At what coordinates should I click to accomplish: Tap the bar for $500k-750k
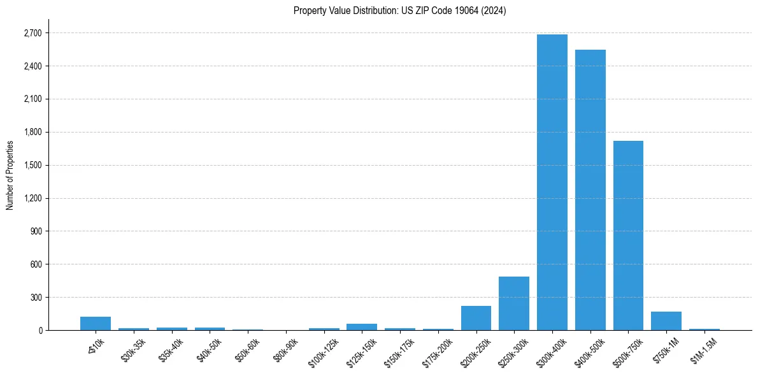pyautogui.click(x=628, y=235)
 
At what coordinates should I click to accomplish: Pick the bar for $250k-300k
pyautogui.click(x=513, y=303)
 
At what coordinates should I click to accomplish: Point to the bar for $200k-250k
pyautogui.click(x=476, y=318)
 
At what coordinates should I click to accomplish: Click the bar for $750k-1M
pyautogui.click(x=666, y=321)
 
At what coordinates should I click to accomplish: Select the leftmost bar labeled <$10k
pyautogui.click(x=96, y=324)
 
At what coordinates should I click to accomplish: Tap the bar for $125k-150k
pyautogui.click(x=362, y=327)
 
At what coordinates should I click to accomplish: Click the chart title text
pyautogui.click(x=399, y=11)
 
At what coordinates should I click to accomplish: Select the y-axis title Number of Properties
pyautogui.click(x=10, y=175)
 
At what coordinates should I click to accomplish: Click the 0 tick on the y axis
pyautogui.click(x=40, y=331)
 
